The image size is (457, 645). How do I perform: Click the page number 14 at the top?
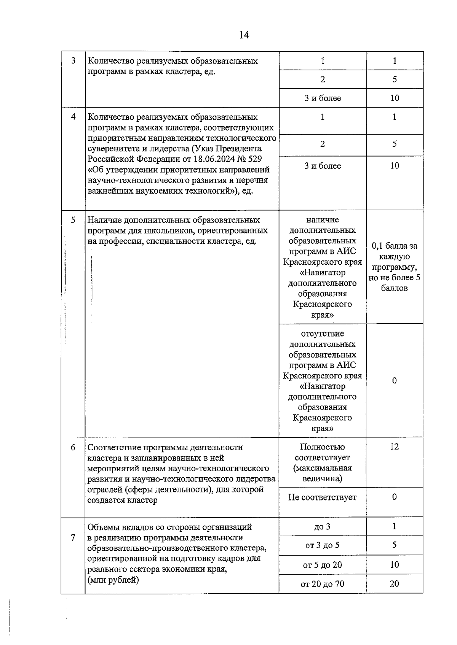[244, 35]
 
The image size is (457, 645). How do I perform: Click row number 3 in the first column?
[73, 60]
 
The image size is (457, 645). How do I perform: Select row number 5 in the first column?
[73, 220]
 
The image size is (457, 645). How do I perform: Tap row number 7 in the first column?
[73, 538]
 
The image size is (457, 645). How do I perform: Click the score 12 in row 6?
[394, 446]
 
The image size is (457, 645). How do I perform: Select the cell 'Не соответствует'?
[322, 497]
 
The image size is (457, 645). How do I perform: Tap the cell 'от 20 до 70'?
[322, 584]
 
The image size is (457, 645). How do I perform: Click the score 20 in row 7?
[394, 583]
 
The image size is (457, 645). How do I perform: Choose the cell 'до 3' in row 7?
[322, 527]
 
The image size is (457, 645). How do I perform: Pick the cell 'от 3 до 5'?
[322, 545]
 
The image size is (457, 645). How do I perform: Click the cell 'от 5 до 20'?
[322, 565]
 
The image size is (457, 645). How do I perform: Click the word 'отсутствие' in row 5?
[322, 334]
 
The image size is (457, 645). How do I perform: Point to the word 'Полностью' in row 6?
[322, 447]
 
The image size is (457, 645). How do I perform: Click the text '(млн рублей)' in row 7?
[113, 580]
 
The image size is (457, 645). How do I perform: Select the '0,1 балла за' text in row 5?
[394, 246]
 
